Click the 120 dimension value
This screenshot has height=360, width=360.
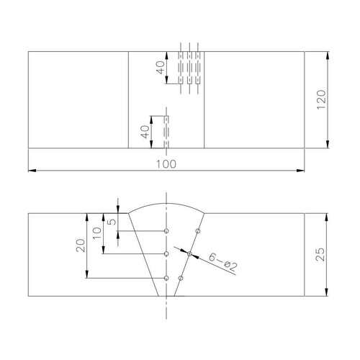point(321,99)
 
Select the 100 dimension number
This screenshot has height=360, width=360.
point(166,164)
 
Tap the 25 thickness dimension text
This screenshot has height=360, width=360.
point(320,254)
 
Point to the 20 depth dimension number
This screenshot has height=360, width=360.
point(81,246)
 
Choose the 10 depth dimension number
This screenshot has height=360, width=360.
point(97,233)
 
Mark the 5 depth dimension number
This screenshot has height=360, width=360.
point(112,222)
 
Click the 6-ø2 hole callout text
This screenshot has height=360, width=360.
point(223,261)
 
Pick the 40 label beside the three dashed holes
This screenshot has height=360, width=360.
point(161,68)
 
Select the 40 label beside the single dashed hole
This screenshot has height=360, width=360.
point(145,132)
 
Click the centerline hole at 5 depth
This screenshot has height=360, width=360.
point(166,231)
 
